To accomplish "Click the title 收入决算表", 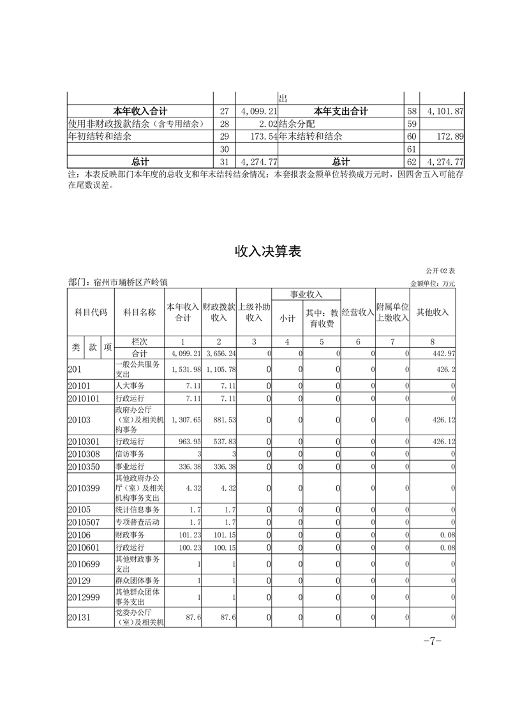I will (267, 251).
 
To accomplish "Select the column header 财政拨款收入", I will (219, 312).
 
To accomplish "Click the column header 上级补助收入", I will (255, 312).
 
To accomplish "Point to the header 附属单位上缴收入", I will (392, 312).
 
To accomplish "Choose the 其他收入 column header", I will (433, 312).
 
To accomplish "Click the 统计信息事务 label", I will (137, 510).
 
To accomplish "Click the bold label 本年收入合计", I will (140, 111).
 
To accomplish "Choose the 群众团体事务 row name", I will (137, 581).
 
